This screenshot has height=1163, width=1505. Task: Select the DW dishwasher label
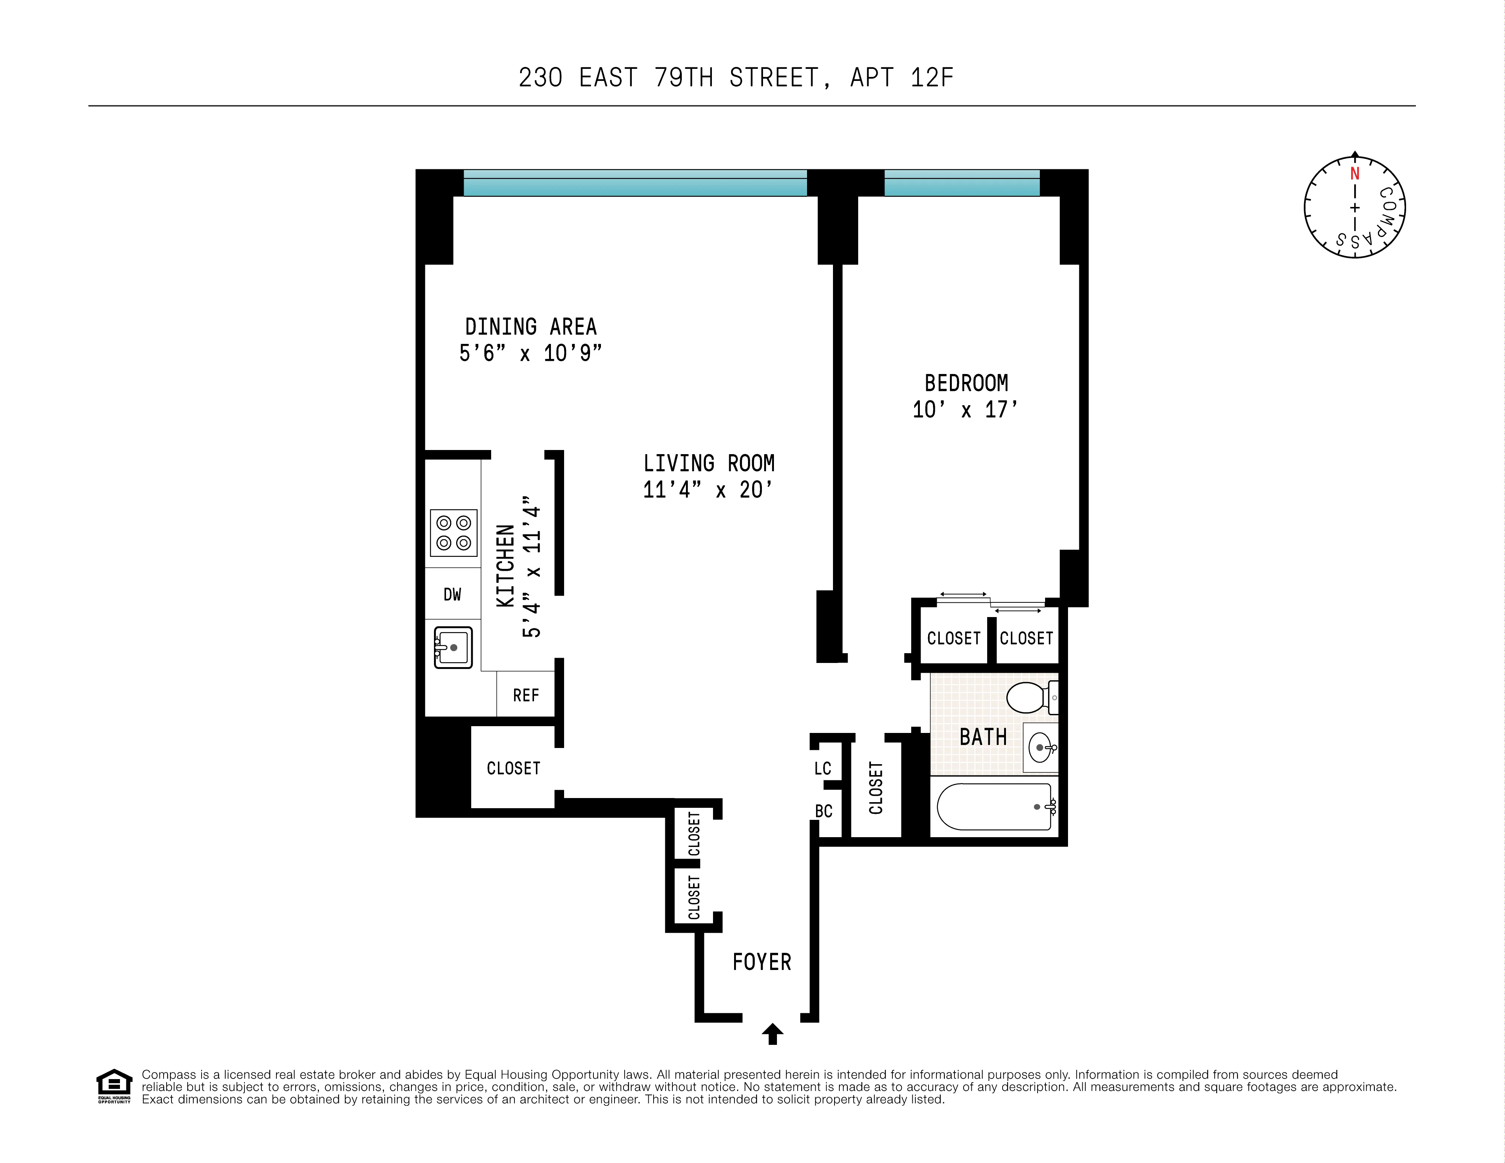point(452,594)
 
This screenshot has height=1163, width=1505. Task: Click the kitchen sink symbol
point(453,647)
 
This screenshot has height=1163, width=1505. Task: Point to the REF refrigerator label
point(526,696)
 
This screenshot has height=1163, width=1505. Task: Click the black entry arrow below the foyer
point(772,1034)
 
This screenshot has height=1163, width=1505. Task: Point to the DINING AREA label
point(531,327)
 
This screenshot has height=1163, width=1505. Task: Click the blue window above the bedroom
point(961,183)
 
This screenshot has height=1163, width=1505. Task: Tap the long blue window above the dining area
point(635,183)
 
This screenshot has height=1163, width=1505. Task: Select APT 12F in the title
point(901,78)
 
